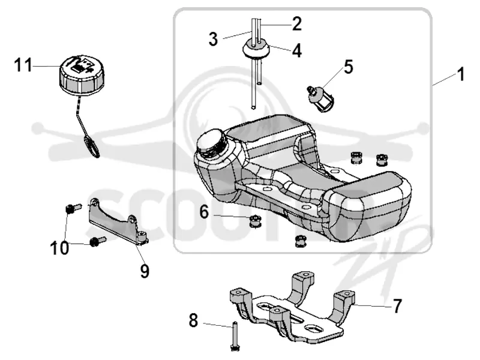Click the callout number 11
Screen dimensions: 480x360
(23, 65)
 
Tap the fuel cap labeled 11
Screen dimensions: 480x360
(81, 75)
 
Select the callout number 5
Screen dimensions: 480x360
(349, 67)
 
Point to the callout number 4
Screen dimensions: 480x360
(296, 51)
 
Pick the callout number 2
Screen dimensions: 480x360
(296, 24)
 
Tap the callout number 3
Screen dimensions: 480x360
(213, 39)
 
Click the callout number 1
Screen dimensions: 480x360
(461, 74)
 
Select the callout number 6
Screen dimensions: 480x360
(204, 212)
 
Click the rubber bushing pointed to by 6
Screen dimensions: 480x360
(255, 221)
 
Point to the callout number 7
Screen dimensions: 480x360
(397, 306)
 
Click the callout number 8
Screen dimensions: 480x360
(193, 321)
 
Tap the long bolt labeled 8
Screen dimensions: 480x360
(235, 336)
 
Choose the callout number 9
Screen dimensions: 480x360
(145, 271)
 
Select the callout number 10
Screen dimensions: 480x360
(59, 248)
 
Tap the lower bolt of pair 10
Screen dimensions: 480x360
(98, 242)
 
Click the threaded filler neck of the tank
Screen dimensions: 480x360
(212, 143)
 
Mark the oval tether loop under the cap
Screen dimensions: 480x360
(92, 147)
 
